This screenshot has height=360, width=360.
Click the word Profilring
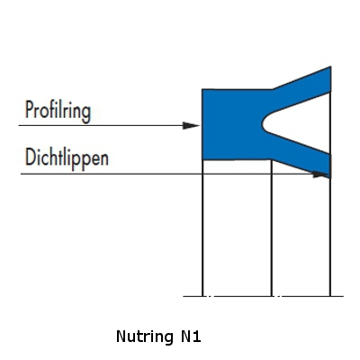point(58,112)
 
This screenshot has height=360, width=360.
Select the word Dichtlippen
point(67,157)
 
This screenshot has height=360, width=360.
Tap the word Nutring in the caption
point(145,337)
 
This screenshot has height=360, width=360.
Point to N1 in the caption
point(191,337)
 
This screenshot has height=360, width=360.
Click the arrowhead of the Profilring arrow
point(191,126)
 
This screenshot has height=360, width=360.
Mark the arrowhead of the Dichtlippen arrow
point(320,174)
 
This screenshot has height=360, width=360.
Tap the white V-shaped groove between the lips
point(297,123)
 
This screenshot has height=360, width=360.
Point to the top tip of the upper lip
point(330,67)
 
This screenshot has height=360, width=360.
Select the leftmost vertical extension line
point(202,228)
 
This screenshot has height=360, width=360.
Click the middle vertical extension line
point(272,228)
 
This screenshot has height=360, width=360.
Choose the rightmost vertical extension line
point(330,237)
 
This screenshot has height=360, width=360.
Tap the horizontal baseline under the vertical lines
point(264,296)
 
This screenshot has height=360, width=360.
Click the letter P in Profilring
point(29,110)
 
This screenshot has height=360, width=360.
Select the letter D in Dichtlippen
point(30,157)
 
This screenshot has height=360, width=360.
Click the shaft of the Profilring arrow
point(101,125)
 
